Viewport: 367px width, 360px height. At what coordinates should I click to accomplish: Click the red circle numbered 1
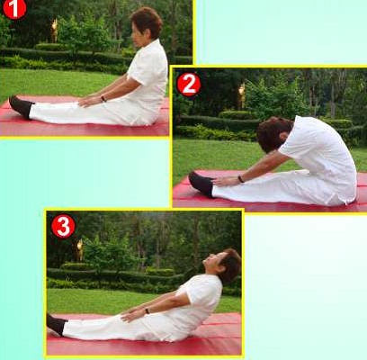[14, 8]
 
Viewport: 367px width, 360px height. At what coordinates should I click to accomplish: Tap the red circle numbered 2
[189, 85]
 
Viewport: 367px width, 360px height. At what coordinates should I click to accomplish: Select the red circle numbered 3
[63, 226]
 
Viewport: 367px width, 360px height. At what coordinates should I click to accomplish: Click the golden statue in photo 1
[54, 31]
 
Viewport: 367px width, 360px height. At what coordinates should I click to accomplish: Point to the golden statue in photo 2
[242, 95]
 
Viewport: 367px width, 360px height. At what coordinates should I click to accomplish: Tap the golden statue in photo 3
[80, 250]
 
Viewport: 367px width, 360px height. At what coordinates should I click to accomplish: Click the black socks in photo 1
[21, 106]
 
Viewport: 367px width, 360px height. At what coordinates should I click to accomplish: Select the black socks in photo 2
[201, 184]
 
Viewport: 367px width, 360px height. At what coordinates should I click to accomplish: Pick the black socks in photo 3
[57, 324]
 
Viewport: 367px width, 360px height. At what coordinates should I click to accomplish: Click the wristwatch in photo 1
[103, 98]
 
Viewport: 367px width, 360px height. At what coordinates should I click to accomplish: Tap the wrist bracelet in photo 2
[240, 179]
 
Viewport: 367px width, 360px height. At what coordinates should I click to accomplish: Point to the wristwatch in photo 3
[147, 310]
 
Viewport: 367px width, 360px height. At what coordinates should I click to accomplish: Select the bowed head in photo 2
[273, 134]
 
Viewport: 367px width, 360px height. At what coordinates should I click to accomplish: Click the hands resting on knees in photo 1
[89, 101]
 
